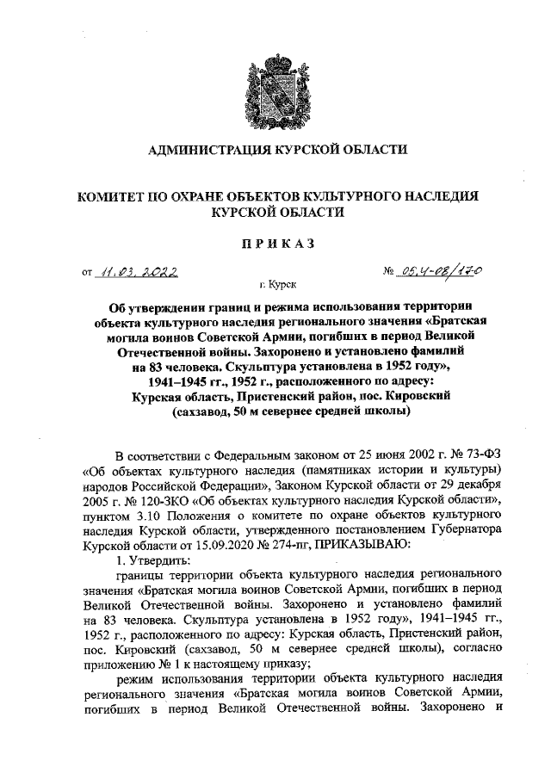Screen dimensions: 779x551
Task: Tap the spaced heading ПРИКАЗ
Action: pyautogui.click(x=275, y=243)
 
